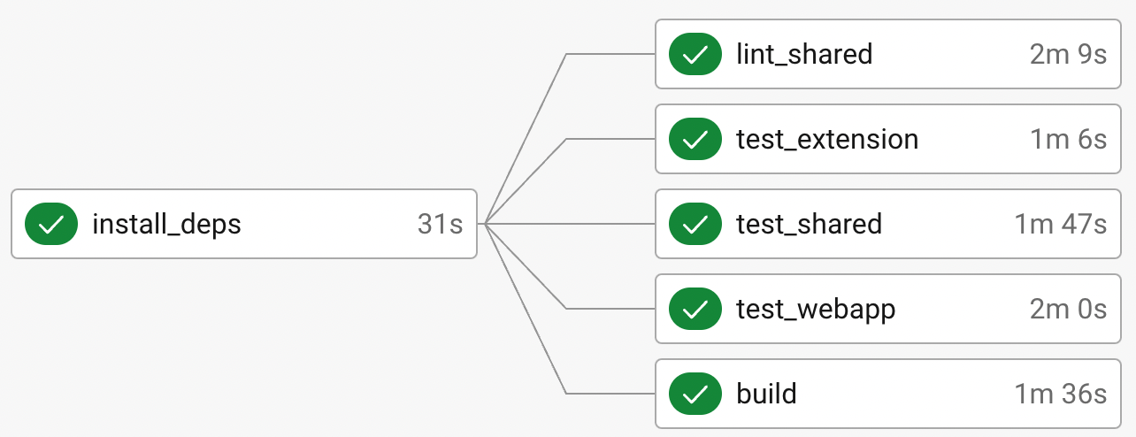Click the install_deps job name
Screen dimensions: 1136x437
click(166, 225)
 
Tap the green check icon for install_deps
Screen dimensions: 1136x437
click(51, 224)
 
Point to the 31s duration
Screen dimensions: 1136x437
click(440, 224)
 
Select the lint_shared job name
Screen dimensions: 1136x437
click(804, 54)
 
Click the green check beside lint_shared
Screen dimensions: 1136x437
click(695, 54)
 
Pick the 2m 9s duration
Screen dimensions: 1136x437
click(1068, 54)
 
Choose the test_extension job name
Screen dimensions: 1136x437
click(827, 140)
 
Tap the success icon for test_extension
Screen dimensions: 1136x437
click(695, 139)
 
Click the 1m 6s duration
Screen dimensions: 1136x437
click(1068, 140)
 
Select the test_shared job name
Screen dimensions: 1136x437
click(809, 224)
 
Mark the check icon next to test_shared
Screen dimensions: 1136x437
click(695, 224)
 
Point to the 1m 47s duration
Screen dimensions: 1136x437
click(1061, 224)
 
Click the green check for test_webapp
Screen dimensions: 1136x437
click(695, 309)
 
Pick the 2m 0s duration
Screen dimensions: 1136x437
click(1068, 310)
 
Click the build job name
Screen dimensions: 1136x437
click(766, 394)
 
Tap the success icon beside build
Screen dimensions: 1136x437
click(695, 394)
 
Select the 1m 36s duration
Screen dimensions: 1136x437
click(1061, 394)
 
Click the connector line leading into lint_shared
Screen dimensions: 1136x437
click(566, 54)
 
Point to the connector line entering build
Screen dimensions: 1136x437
click(566, 394)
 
